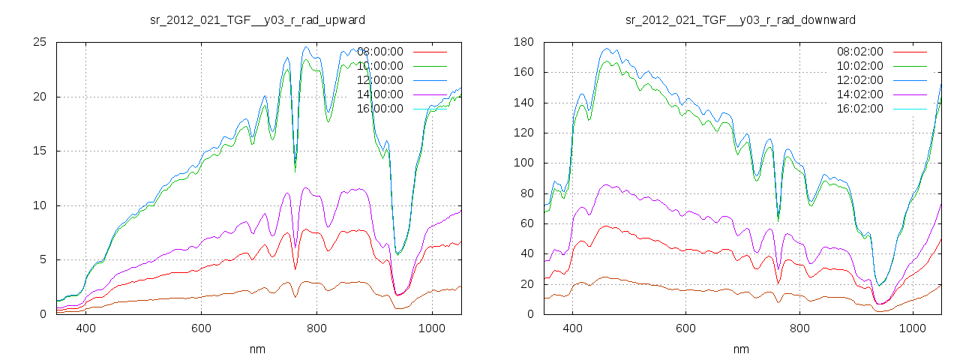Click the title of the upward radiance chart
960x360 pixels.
pos(258,19)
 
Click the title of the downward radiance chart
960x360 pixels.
pos(740,19)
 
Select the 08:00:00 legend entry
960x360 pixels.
pos(380,52)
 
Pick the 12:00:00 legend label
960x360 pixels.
pos(380,80)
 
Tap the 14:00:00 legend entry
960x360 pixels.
pos(380,94)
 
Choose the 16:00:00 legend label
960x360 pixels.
pos(380,109)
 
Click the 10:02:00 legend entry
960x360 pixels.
pos(860,66)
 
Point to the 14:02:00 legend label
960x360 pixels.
pos(860,94)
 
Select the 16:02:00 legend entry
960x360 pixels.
pos(860,109)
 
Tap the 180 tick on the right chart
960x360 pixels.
pos(522,42)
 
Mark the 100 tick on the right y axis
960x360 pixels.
pos(522,163)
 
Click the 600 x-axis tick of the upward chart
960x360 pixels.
pos(201,328)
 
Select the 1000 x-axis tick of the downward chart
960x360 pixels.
pos(912,328)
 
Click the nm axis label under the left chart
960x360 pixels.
pos(258,349)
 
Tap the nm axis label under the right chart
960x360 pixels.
pos(740,349)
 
